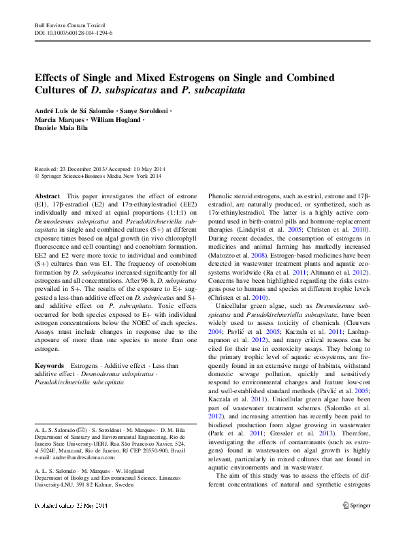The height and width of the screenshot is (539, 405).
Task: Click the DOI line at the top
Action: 74,32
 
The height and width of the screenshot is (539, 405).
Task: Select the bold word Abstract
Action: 47,196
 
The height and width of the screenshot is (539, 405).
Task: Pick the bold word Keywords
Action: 50,366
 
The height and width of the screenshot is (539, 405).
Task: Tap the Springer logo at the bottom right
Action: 354,525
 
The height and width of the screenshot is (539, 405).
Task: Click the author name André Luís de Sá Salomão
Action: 74,110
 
